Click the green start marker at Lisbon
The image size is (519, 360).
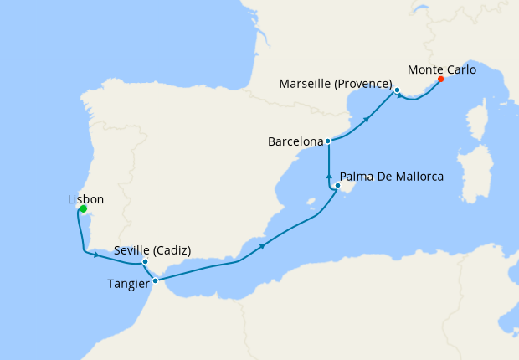coord(84,208)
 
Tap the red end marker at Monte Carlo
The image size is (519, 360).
coord(441,81)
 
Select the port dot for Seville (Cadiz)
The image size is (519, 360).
coord(145,261)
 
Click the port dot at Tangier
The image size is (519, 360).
coord(156,280)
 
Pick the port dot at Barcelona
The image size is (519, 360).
coord(328,141)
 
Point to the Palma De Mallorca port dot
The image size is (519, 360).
coord(337,185)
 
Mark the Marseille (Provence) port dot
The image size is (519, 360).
coord(397,90)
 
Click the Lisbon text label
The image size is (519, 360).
coord(85,199)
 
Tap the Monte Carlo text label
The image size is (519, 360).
coord(442,69)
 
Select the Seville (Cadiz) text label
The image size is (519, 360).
coord(152,249)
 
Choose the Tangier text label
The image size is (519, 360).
coord(129,283)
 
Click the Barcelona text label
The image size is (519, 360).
coord(295,142)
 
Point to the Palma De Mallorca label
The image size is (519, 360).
coord(391,177)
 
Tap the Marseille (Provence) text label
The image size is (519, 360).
coord(335,83)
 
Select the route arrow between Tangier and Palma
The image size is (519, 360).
coord(263,245)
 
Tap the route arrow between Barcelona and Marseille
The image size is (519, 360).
coord(366,120)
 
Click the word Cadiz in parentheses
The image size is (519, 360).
coord(173,249)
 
